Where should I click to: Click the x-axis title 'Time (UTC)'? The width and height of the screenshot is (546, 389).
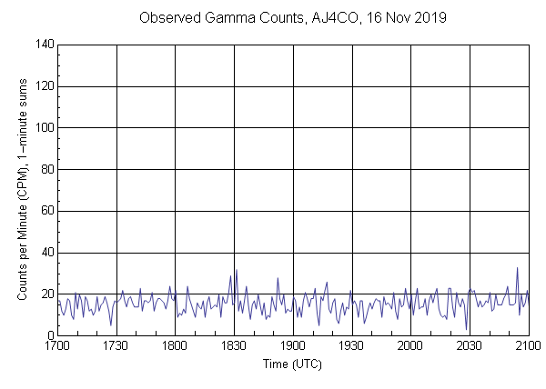[292, 364]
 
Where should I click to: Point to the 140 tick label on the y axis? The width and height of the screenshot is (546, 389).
[43, 45]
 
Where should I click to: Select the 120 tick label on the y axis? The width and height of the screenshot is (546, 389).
[43, 86]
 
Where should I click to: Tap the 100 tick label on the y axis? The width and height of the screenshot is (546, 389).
[43, 128]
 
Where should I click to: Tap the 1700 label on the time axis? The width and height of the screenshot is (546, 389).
[57, 346]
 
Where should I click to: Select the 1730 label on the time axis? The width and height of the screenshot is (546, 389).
[116, 346]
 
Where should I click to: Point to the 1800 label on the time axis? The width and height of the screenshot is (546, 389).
[175, 346]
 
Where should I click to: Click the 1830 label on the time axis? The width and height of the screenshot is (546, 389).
[234, 346]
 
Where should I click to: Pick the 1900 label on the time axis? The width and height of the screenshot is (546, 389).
[293, 346]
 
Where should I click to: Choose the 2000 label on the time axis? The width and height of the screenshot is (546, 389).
[410, 346]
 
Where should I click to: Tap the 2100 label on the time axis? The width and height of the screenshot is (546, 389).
[528, 346]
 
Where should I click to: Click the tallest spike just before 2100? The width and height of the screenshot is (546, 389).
[517, 268]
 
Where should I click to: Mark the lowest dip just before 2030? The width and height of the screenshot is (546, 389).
[466, 329]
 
